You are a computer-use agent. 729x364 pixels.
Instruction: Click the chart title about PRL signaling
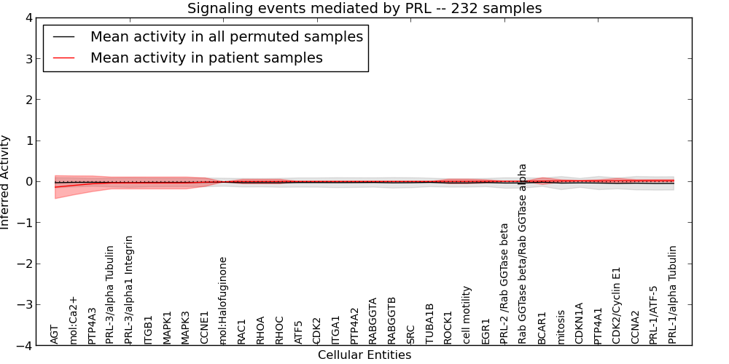click(364, 8)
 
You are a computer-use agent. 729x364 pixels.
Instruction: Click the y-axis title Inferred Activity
click(6, 182)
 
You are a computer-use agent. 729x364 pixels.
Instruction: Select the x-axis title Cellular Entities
click(364, 355)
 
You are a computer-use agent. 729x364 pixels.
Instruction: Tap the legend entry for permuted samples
click(226, 36)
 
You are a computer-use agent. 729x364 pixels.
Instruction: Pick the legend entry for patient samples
click(206, 58)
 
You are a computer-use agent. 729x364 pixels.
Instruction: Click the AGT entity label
click(55, 334)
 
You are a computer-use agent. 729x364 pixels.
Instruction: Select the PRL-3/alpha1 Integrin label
click(130, 289)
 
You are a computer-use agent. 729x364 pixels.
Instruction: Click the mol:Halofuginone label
click(223, 300)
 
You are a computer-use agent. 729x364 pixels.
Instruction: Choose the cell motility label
click(467, 314)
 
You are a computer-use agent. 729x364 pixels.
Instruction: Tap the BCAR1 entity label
click(542, 328)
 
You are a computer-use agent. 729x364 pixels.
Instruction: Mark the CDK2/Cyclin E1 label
click(617, 305)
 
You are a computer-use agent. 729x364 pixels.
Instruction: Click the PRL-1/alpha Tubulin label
click(673, 294)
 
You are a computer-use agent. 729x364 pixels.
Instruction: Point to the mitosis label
click(561, 327)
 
